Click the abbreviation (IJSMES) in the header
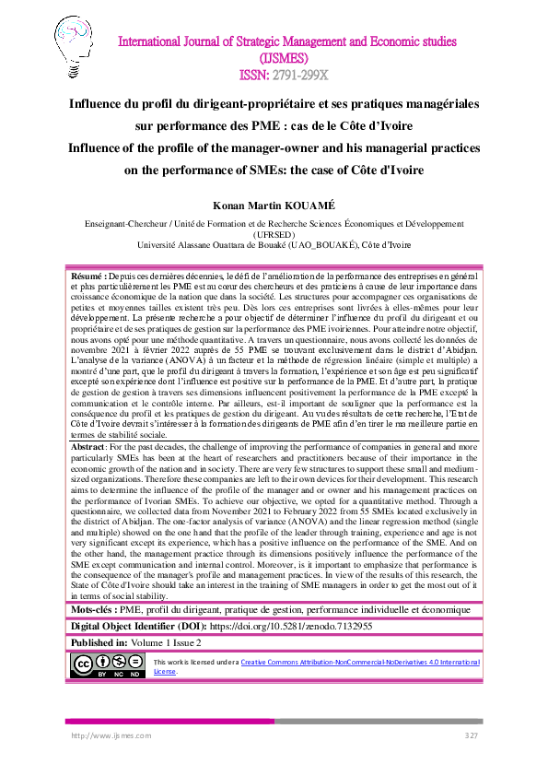click(x=274, y=57)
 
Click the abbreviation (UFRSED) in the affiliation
click(x=274, y=234)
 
